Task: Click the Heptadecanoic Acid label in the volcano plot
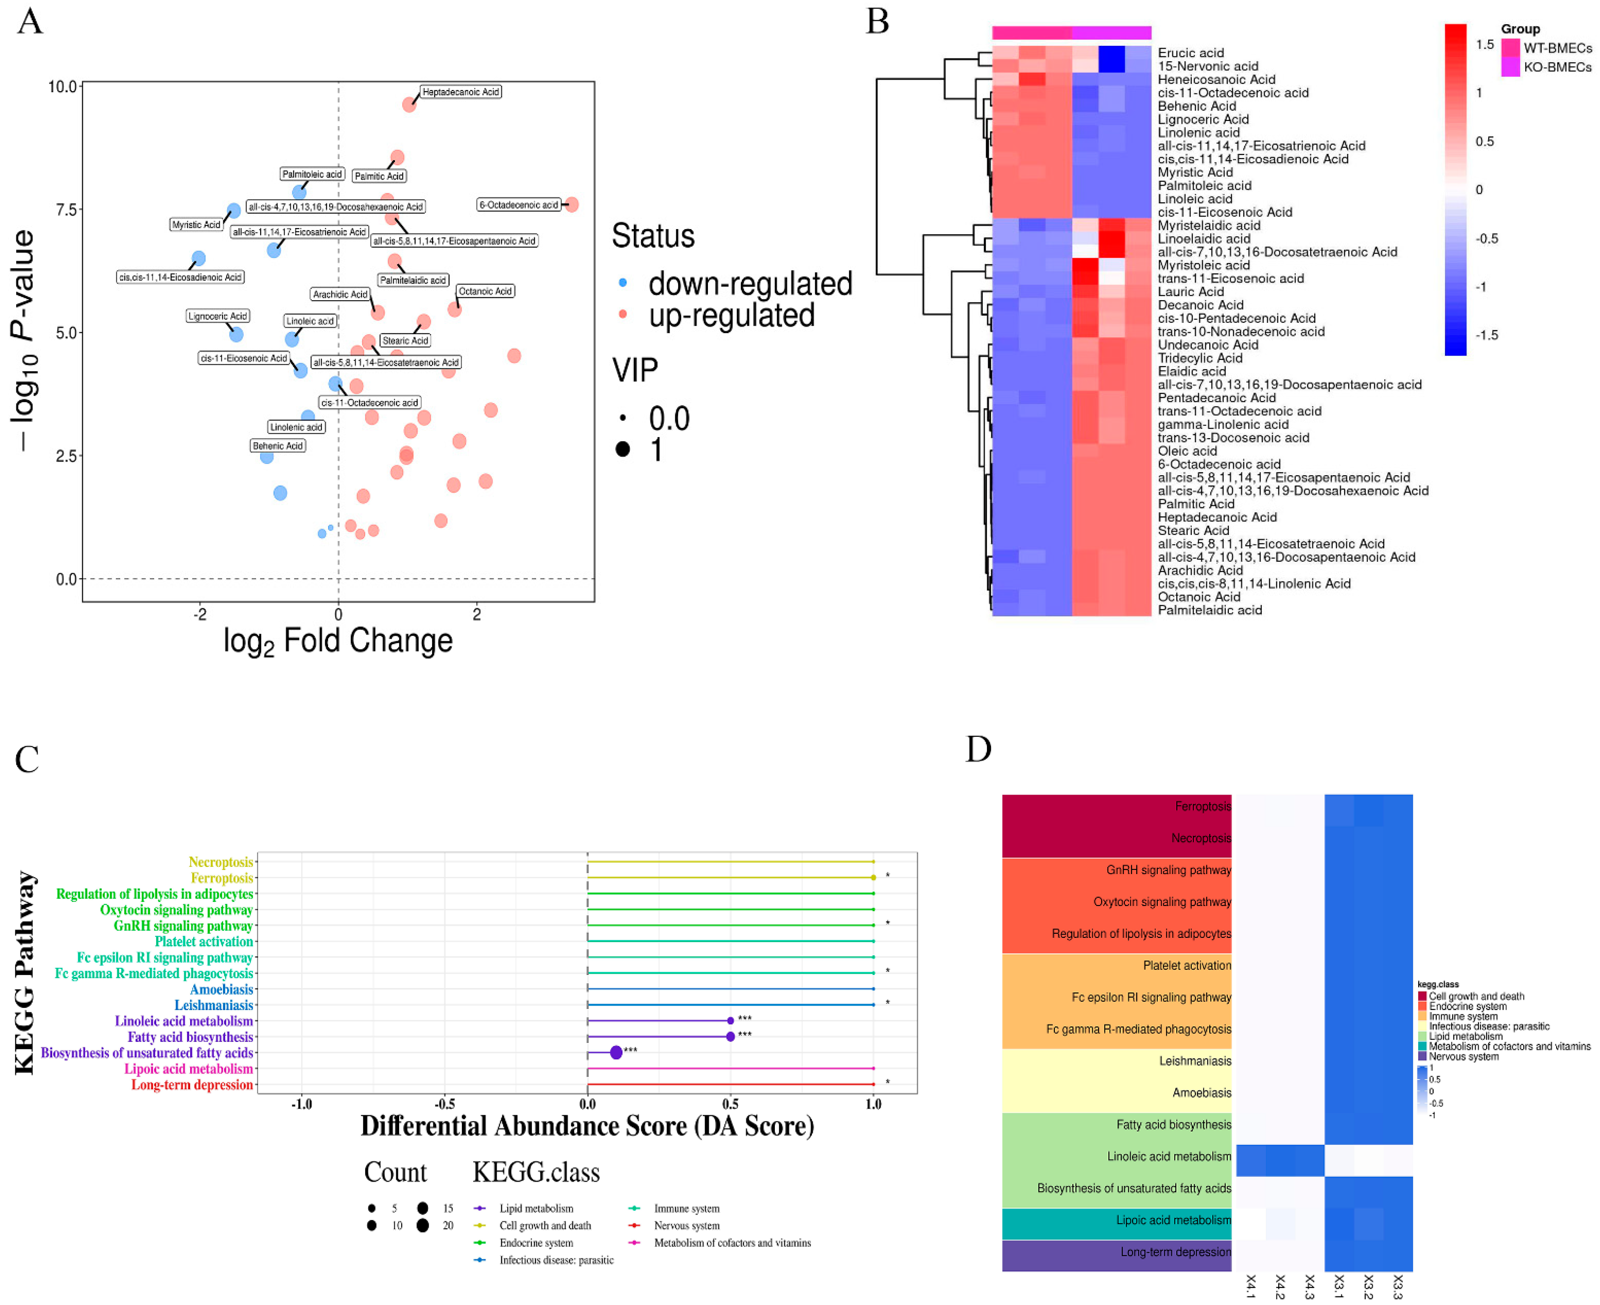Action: [460, 92]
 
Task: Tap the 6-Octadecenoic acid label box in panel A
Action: [519, 205]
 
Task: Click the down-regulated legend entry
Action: [749, 284]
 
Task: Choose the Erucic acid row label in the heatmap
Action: [1190, 53]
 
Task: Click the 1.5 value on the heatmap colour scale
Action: [1484, 44]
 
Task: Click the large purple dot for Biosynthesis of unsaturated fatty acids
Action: [616, 1052]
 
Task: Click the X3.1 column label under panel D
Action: [1338, 1286]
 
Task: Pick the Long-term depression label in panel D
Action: [1176, 1252]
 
